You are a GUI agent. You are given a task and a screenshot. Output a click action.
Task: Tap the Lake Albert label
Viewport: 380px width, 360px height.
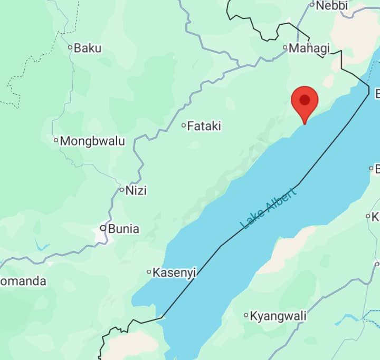pos(268,207)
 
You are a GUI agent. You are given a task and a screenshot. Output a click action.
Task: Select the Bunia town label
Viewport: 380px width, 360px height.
pos(123,229)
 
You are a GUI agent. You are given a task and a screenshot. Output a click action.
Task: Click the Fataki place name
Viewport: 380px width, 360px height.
pos(204,126)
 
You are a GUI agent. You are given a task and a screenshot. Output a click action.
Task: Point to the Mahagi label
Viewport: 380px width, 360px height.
pos(310,48)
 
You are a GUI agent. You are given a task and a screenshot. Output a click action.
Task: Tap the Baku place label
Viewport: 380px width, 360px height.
pos(88,48)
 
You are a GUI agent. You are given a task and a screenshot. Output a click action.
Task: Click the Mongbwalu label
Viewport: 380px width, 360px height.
pos(92,141)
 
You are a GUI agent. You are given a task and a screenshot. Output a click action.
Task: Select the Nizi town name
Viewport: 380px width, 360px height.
pos(136,190)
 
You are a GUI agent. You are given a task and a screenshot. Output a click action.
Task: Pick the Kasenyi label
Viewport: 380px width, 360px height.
pos(174,273)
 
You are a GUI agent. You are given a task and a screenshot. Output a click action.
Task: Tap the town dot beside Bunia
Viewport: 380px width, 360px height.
pos(103,228)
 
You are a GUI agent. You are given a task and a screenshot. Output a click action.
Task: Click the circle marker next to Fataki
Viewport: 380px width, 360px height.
pos(184,125)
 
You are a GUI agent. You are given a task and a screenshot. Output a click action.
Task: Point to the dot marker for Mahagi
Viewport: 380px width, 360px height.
pos(286,48)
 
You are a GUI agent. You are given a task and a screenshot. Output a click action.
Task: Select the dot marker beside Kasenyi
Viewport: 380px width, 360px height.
pos(149,272)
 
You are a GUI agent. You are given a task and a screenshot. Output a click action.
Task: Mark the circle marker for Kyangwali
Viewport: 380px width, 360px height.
pos(246,315)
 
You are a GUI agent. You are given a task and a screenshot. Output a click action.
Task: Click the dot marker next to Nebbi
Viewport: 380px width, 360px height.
pos(312,5)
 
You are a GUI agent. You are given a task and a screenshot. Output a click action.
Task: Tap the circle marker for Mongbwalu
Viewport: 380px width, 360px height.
pos(56,140)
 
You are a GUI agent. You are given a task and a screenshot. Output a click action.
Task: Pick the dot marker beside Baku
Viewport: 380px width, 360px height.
pos(70,47)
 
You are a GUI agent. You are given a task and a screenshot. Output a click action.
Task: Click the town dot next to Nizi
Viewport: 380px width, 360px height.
pos(121,190)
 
